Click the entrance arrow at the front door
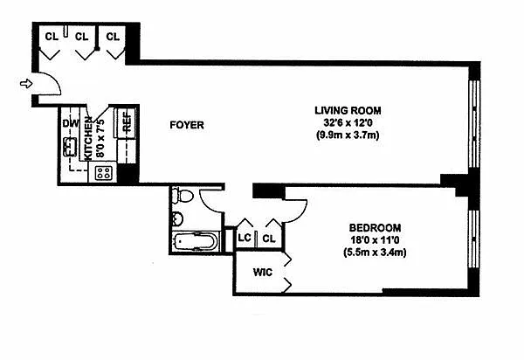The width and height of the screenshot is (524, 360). tap(27, 84)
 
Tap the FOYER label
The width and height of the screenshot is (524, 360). tap(186, 126)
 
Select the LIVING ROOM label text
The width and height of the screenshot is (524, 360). tap(348, 109)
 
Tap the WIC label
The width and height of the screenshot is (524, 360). tap(264, 273)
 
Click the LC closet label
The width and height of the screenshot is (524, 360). tap(245, 238)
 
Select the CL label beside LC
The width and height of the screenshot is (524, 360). tap(269, 238)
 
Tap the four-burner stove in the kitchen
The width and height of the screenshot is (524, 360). tap(103, 173)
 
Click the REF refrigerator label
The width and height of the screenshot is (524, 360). tap(128, 121)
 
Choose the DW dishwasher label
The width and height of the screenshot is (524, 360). tap(70, 123)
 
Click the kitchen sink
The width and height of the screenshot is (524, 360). tap(70, 147)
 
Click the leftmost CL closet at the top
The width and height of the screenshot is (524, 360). tap(52, 37)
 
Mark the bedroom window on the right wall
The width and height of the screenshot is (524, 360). tap(474, 246)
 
